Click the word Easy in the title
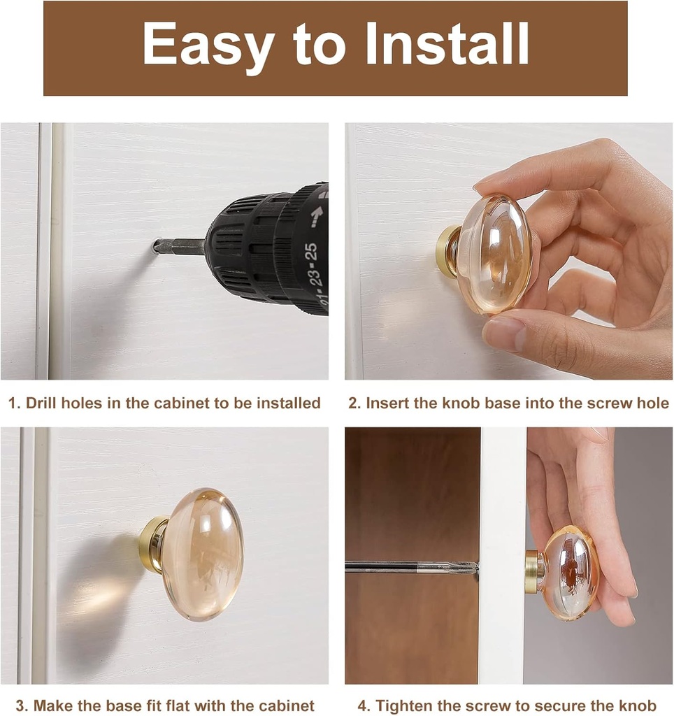[x=208, y=45]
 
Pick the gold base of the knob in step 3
[x=152, y=544]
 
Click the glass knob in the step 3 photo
[x=202, y=554]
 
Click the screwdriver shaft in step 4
[x=406, y=567]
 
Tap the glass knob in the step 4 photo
[x=569, y=573]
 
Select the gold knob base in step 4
[x=533, y=572]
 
